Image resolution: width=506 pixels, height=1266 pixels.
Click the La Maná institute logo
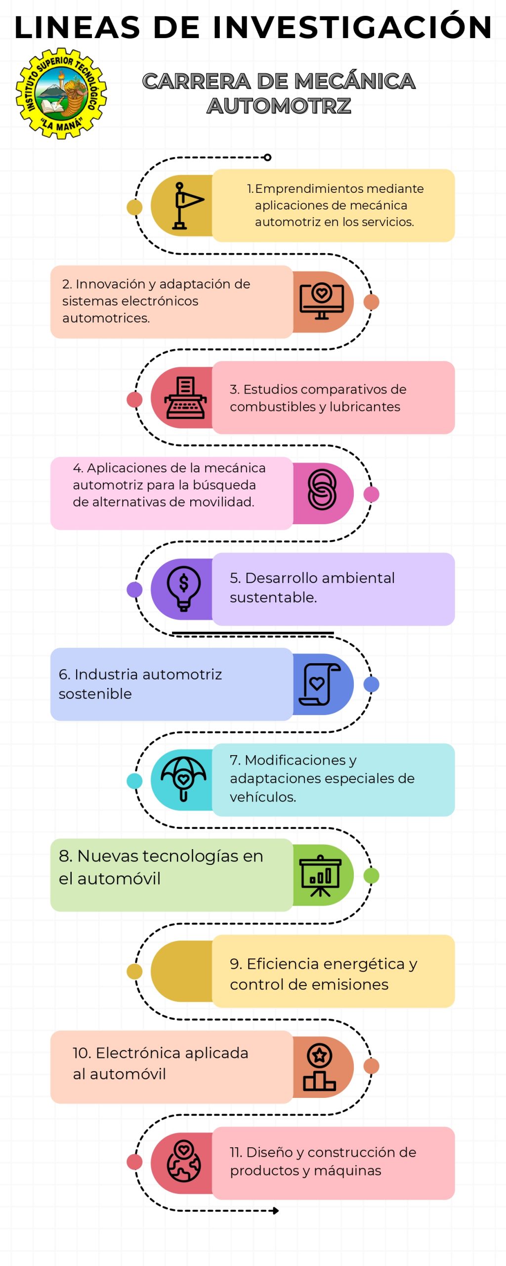point(61,93)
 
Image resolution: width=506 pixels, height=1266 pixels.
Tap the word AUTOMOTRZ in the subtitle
point(279,106)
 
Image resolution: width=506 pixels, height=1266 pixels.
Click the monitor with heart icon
point(322,302)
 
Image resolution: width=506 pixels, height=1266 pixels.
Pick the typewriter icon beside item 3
point(186,398)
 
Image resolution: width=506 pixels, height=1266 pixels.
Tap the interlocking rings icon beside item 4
point(322,489)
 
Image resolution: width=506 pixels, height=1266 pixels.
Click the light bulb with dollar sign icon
point(184,588)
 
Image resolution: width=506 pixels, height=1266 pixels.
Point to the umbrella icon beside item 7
point(183,778)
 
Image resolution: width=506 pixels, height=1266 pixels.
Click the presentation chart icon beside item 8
point(321,875)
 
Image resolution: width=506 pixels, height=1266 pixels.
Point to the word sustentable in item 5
point(273,597)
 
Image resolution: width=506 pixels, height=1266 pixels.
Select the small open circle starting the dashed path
point(267,157)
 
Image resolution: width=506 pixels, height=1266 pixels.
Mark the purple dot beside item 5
point(134,589)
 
